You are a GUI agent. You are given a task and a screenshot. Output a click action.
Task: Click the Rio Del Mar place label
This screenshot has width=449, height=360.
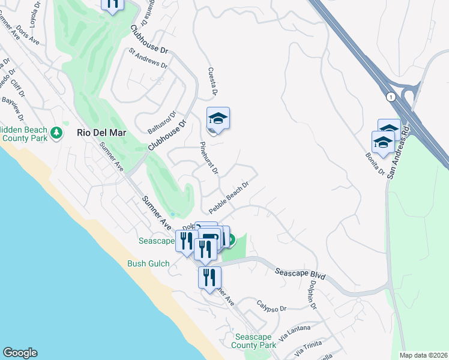click(x=99, y=132)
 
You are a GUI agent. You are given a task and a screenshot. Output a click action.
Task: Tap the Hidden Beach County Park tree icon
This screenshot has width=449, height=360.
click(x=56, y=132)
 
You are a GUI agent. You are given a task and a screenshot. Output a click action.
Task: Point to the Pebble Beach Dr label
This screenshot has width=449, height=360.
click(x=229, y=197)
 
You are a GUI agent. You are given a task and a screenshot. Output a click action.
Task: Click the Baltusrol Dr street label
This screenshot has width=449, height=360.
click(x=161, y=122)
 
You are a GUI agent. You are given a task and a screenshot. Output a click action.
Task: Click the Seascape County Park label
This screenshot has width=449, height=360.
click(x=255, y=341)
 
